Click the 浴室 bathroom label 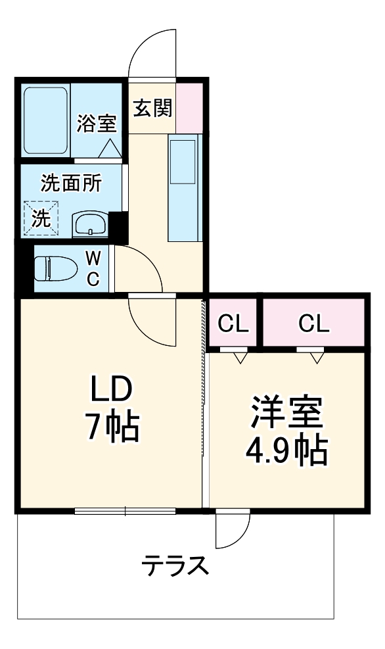[97, 124]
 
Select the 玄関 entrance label [152, 108]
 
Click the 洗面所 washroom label [71, 183]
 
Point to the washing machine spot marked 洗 [41, 218]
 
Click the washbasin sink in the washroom [89, 224]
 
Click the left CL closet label [233, 323]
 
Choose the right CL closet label [313, 323]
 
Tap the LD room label [112, 390]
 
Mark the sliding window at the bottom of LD [125, 510]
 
